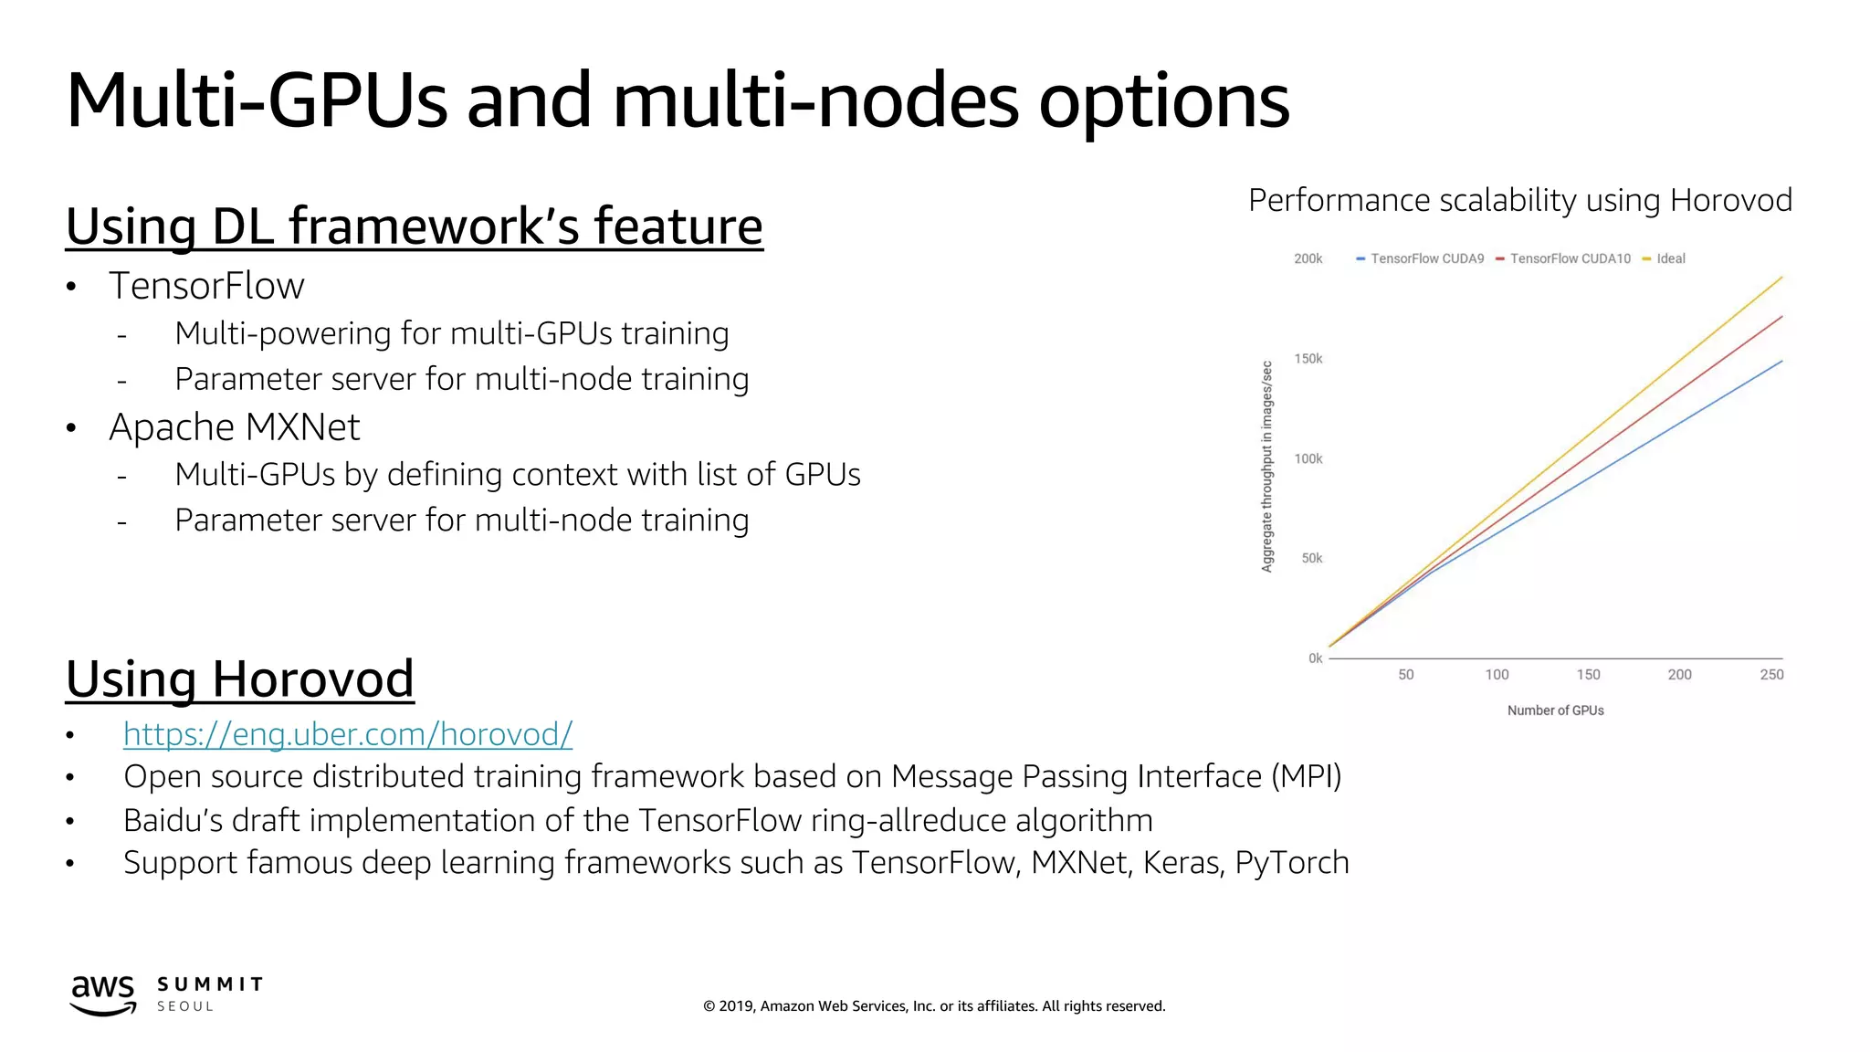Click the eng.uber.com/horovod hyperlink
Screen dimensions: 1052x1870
tap(348, 734)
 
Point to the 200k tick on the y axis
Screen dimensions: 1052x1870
tap(1308, 259)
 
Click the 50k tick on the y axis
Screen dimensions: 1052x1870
tap(1311, 558)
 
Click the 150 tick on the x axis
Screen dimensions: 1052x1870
tap(1588, 675)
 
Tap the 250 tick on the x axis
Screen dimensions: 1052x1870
tap(1771, 675)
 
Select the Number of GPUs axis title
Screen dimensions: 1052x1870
tap(1555, 710)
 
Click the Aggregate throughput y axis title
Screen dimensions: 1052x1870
tap(1267, 467)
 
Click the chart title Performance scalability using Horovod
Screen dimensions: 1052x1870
tap(1519, 200)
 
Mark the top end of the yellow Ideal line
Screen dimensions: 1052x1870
tap(1781, 277)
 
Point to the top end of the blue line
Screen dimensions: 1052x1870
tap(1781, 362)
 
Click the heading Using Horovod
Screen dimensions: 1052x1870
tap(240, 679)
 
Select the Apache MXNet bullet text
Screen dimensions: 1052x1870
tap(235, 427)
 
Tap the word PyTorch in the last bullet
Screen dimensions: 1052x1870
tap(1291, 863)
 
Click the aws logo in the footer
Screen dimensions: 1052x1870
tap(103, 994)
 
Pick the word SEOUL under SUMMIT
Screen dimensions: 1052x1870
tap(185, 1006)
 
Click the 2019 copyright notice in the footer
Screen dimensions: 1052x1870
tap(934, 1006)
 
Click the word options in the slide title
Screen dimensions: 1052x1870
tap(1163, 102)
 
